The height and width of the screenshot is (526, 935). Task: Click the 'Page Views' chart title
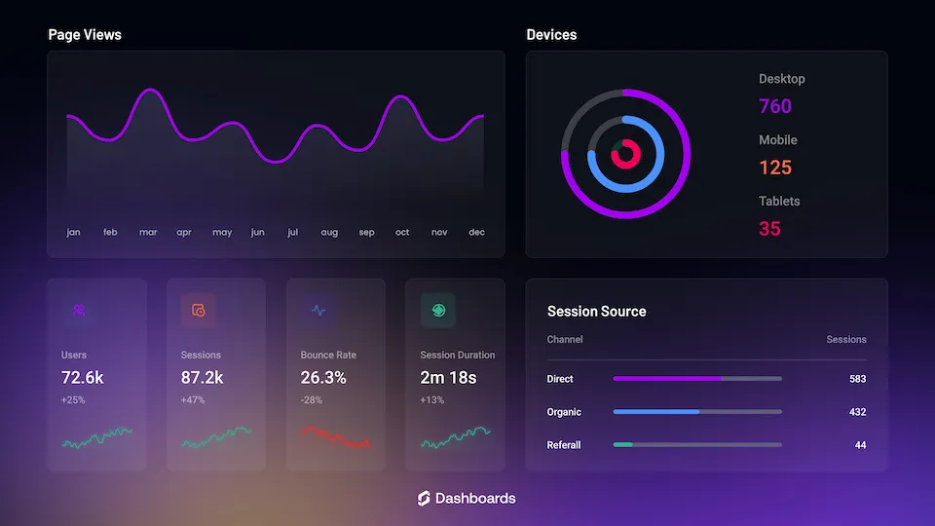85,35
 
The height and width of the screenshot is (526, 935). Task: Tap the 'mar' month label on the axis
148,233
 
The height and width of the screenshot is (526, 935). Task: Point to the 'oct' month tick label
402,233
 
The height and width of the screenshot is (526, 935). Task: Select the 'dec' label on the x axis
476,233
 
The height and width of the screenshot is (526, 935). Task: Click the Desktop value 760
775,106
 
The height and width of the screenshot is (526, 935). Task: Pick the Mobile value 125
775,168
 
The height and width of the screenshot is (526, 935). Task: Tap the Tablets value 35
769,229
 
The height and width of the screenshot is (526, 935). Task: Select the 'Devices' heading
551,35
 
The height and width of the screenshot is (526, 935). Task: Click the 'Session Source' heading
596,312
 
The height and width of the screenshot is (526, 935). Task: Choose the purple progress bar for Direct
668,378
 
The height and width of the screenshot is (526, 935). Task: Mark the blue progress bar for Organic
656,412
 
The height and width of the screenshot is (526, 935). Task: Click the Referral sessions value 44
860,445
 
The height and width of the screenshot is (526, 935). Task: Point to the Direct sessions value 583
857,379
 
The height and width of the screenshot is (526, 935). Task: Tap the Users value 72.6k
83,377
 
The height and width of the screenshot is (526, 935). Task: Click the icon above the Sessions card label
199,311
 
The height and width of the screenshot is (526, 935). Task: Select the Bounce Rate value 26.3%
323,377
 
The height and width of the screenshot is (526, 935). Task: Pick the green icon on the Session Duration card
438,311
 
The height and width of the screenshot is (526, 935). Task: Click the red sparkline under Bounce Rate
335,437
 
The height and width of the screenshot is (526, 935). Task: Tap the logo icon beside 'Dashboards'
423,499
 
